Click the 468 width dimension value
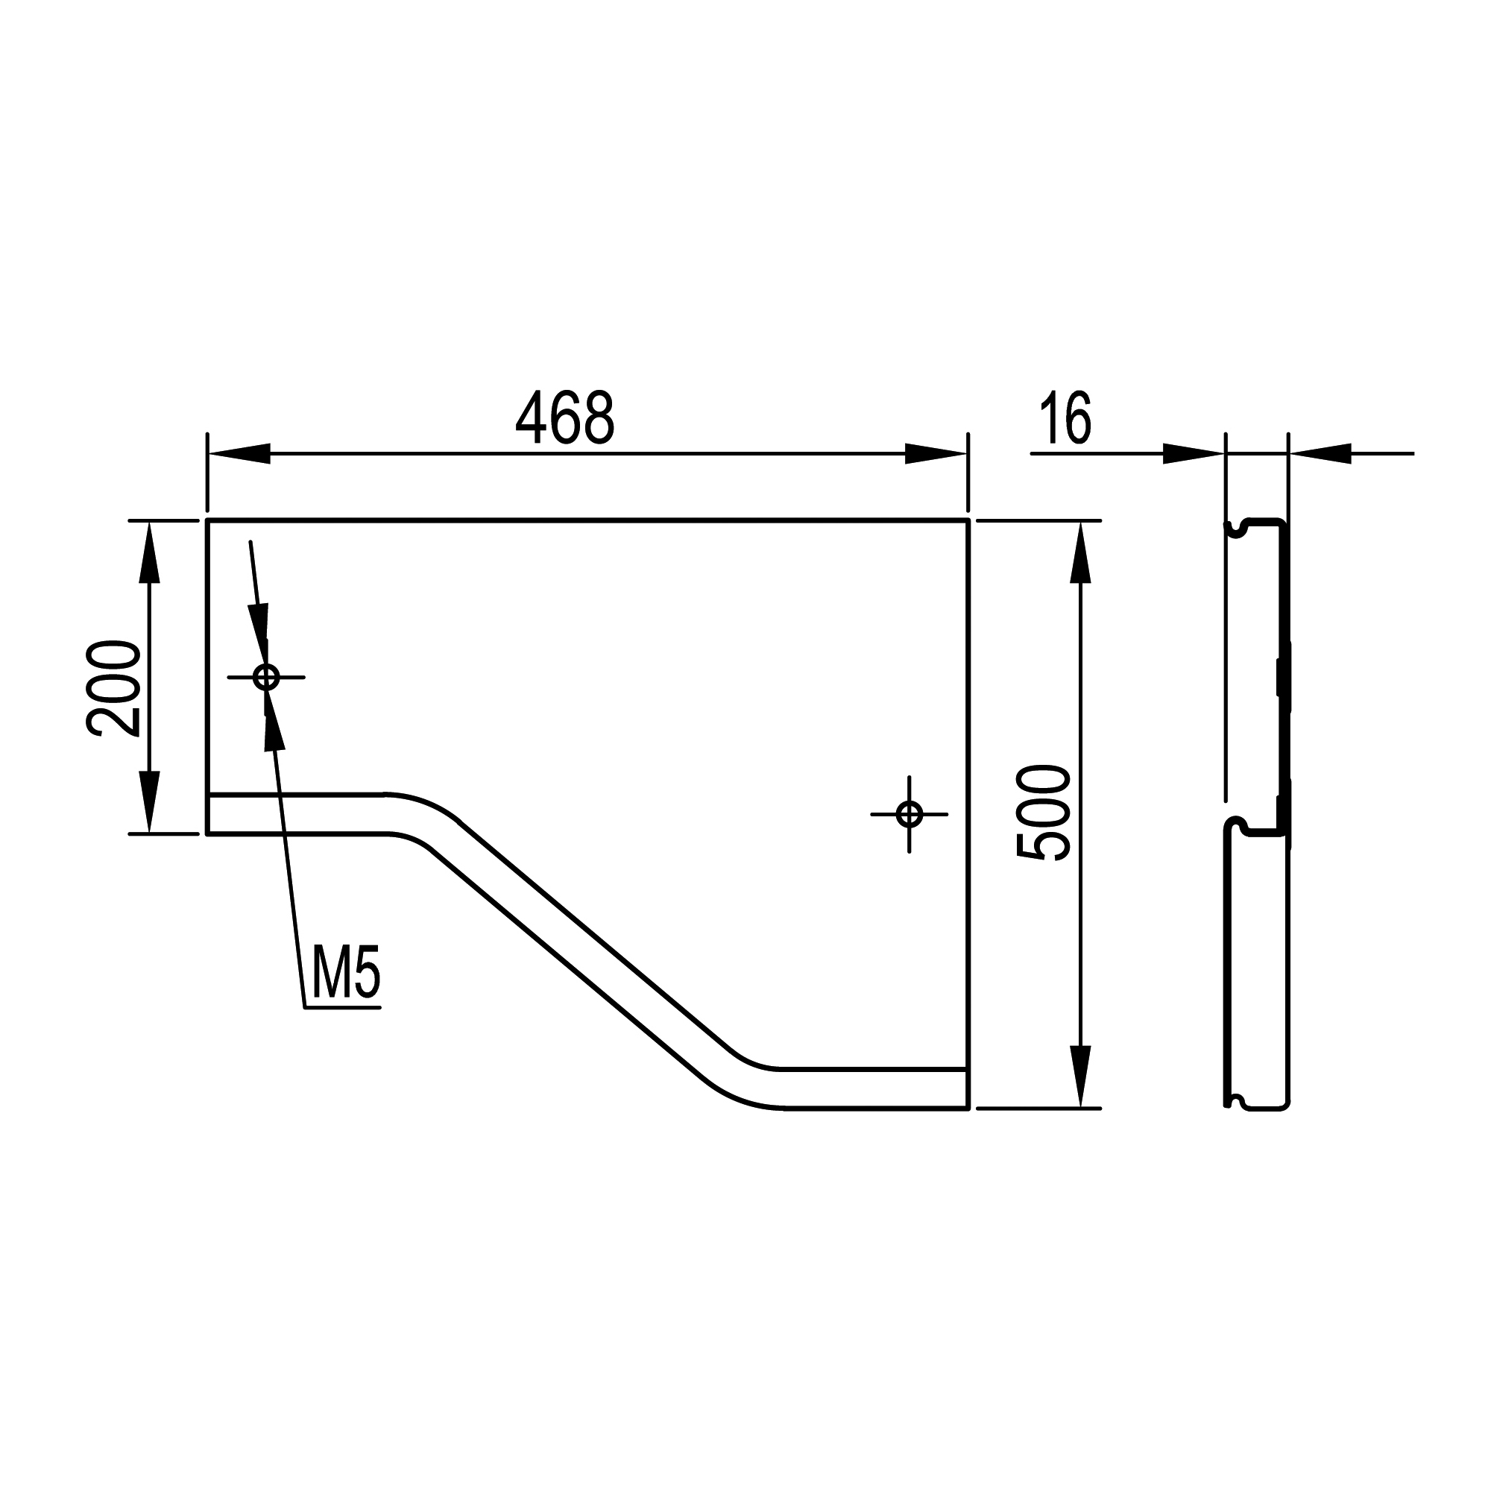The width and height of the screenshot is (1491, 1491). pos(565,417)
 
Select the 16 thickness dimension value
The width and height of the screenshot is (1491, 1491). pos(1066,417)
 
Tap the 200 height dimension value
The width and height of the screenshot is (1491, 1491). pos(114,688)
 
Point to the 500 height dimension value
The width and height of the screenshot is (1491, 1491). pos(1044,813)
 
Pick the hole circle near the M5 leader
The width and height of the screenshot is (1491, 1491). pos(266,678)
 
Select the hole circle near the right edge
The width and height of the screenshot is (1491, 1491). pos(909,814)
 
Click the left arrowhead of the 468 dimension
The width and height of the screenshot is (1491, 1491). pos(239,454)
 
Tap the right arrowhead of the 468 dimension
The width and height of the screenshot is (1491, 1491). pos(936,454)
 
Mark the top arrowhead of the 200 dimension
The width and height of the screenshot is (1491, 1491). pos(149,552)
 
